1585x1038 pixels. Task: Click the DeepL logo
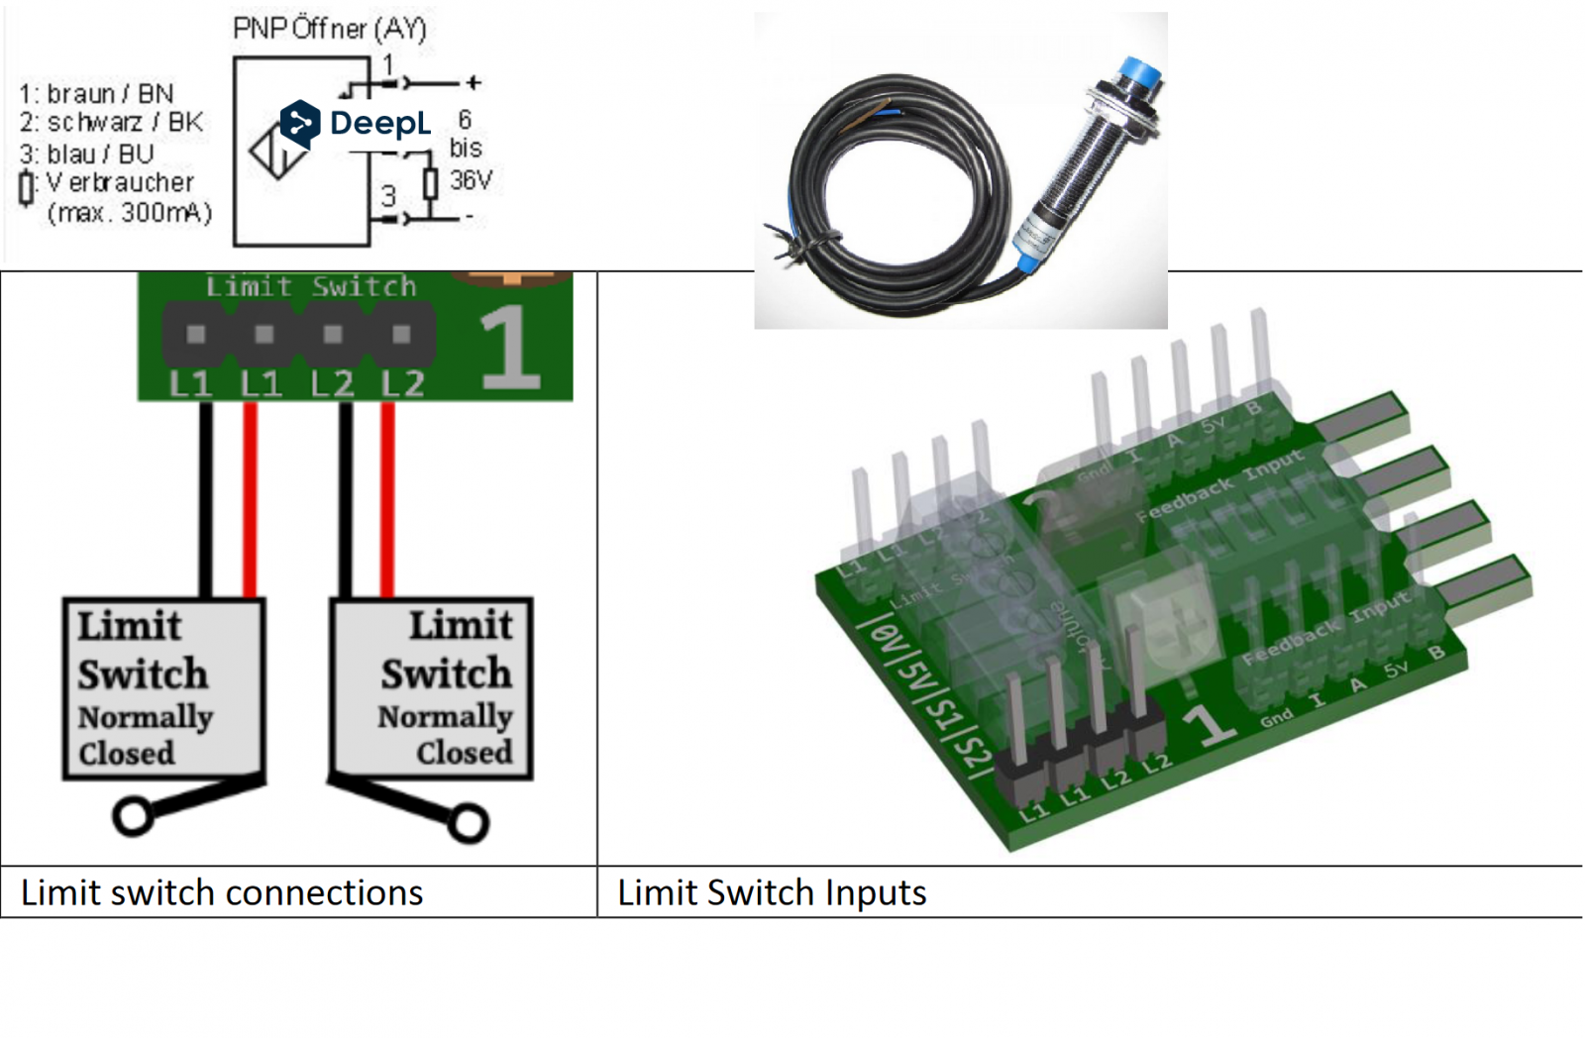pos(357,124)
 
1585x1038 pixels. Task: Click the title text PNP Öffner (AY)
pos(329,28)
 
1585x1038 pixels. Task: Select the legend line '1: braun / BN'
pos(96,94)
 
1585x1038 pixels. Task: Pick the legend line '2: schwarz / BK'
pos(111,123)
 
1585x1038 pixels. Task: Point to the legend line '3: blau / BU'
pos(86,154)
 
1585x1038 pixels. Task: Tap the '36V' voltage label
pos(471,180)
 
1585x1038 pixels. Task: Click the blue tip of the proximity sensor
pos(1139,75)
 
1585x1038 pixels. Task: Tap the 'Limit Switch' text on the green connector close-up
pos(311,287)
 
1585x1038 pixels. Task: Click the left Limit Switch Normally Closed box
pos(163,688)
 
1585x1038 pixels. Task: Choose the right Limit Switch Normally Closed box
pos(432,688)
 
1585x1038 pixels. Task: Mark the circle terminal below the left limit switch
pos(132,817)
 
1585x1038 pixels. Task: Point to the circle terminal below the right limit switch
pos(469,823)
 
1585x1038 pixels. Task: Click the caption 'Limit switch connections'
pos(222,892)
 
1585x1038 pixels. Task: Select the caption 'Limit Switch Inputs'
pos(772,892)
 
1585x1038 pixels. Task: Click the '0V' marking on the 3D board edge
pos(887,639)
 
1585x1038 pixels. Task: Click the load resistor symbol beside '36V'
pos(430,184)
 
